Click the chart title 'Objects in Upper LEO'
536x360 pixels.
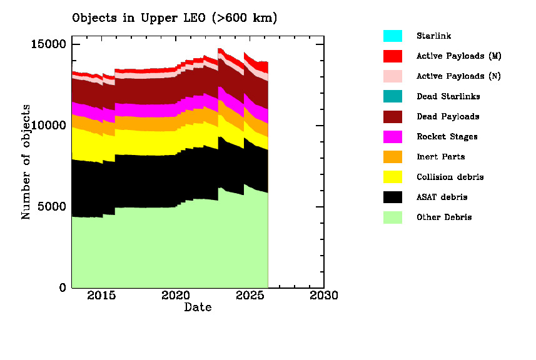[174, 18]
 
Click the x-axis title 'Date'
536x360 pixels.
[198, 307]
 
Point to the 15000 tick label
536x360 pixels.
[49, 44]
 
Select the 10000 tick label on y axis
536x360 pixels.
[49, 126]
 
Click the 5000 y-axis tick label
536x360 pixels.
[53, 207]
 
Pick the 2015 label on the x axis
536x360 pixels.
[101, 296]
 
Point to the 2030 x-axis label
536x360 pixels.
[323, 296]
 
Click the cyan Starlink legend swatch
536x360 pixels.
[393, 36]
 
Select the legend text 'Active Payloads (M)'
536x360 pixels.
[458, 56]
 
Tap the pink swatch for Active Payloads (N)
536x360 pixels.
[393, 76]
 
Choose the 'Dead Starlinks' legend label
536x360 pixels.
[448, 96]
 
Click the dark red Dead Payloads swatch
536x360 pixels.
[393, 116]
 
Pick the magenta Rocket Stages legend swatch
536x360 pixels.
[393, 137]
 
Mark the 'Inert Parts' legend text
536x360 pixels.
[440, 157]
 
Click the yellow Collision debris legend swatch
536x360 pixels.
[393, 177]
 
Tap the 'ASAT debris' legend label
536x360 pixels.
[442, 197]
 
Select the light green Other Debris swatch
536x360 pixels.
[393, 217]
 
